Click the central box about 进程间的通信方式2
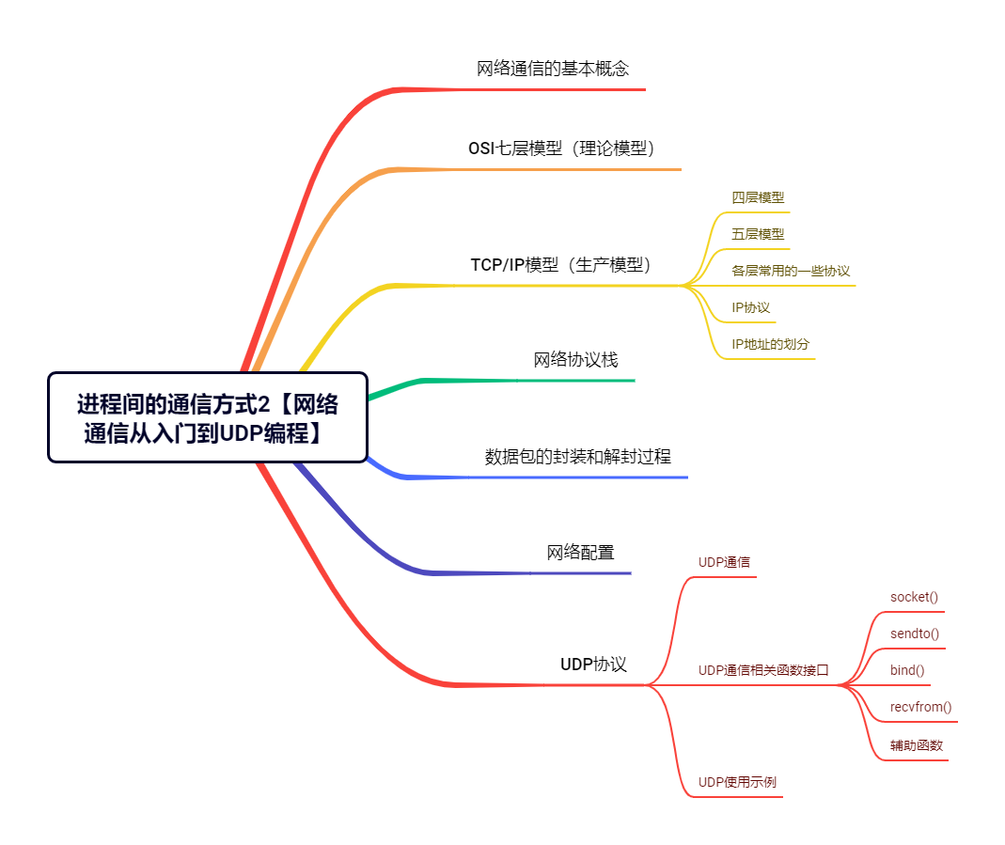point(208,417)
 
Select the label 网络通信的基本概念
point(553,69)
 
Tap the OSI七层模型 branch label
point(561,149)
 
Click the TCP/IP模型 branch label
point(561,264)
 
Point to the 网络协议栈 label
point(575,360)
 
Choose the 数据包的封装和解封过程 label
point(577,457)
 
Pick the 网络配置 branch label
point(580,553)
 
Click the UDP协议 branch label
point(593,665)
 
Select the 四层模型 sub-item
point(758,198)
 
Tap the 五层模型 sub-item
point(758,234)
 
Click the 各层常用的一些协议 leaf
point(791,271)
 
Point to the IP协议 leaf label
point(750,308)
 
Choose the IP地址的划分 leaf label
point(770,345)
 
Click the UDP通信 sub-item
point(724,562)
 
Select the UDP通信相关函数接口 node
point(763,671)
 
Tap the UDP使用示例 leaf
point(737,782)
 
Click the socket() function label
point(914,597)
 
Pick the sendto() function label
point(915,634)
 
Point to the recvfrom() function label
point(921,707)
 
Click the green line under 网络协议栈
point(501,382)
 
